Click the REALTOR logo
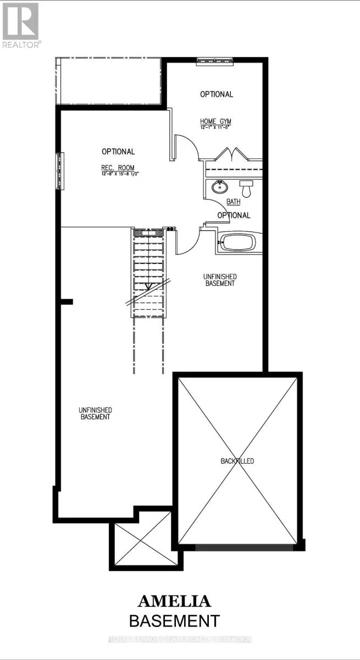tap(21, 25)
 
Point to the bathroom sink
tap(219, 188)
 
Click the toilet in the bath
tap(246, 189)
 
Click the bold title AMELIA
tap(174, 601)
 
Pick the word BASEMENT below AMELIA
tap(174, 621)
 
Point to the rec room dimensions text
tap(118, 174)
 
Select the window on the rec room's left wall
tap(58, 170)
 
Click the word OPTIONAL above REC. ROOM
tap(118, 151)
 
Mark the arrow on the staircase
tap(147, 285)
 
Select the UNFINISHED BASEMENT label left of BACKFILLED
tap(95, 413)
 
